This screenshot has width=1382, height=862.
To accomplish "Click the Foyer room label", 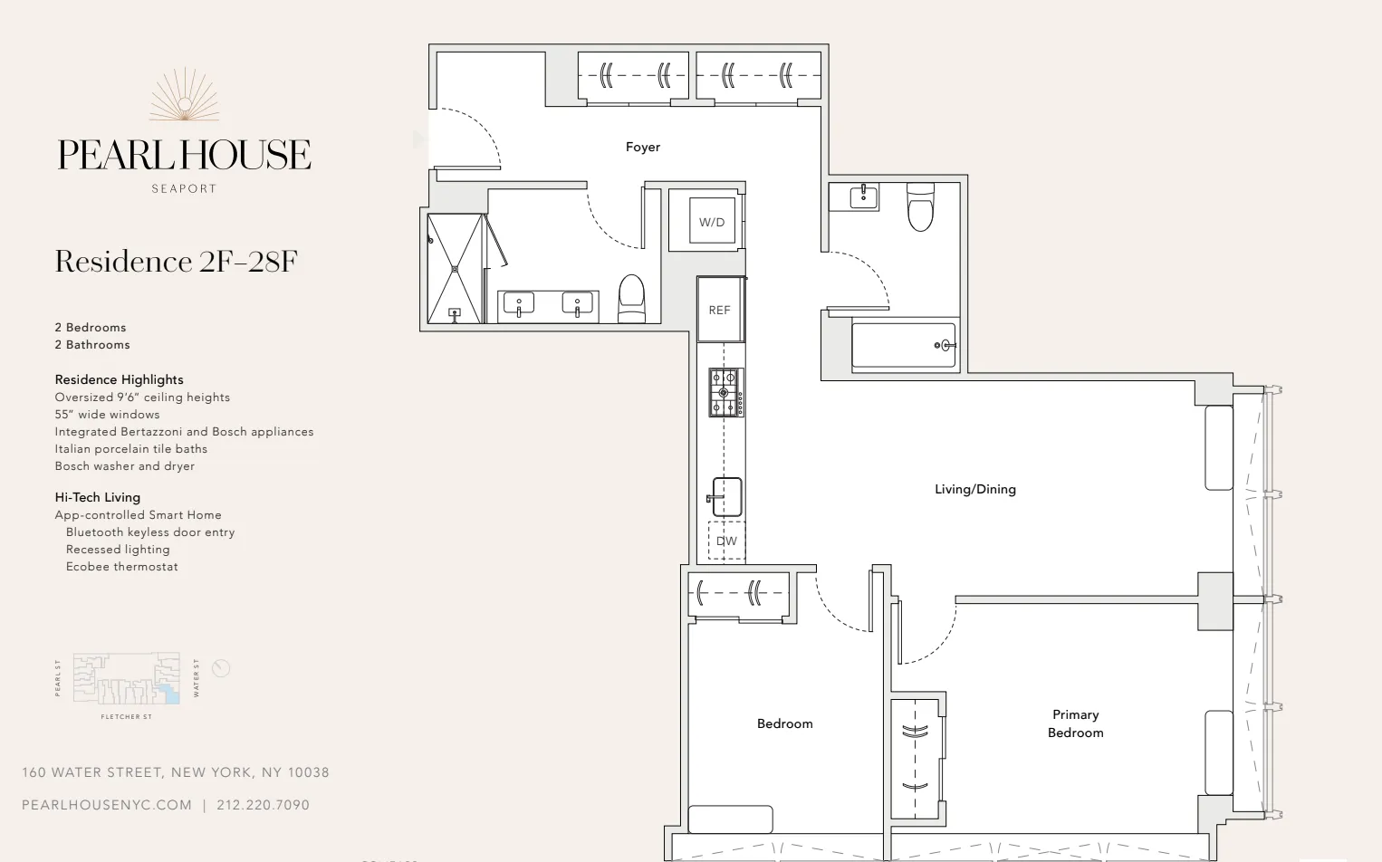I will (x=642, y=147).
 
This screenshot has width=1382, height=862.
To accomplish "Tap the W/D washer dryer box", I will (x=712, y=222).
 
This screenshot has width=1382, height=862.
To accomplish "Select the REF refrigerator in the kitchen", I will (x=720, y=310).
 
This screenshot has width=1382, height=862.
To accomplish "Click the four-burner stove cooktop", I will (x=726, y=392).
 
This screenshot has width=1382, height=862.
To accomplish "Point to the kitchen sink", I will (x=726, y=497).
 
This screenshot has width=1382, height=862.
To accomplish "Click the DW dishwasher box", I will (x=726, y=541).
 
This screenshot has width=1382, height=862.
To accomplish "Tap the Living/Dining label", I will (x=974, y=489).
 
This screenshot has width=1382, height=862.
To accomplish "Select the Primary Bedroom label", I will (x=1075, y=723).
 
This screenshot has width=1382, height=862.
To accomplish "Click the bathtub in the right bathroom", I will (x=903, y=345).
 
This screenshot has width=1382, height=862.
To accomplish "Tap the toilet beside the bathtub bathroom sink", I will (x=920, y=207).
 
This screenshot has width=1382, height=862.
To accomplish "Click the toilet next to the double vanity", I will (x=631, y=298).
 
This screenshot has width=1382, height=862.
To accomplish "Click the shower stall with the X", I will (x=455, y=268).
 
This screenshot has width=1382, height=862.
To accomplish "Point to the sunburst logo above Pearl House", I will (x=185, y=95).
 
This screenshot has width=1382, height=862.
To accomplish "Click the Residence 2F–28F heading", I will (x=176, y=262).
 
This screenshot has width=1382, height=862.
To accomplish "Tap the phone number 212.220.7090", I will (x=263, y=805).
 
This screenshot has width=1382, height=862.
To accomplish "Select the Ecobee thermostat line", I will (x=121, y=567).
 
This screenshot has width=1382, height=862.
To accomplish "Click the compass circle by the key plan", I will (x=221, y=668).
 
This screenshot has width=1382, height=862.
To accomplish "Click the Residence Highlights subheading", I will (x=119, y=379).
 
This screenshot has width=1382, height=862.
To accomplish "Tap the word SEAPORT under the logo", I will (x=184, y=188).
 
